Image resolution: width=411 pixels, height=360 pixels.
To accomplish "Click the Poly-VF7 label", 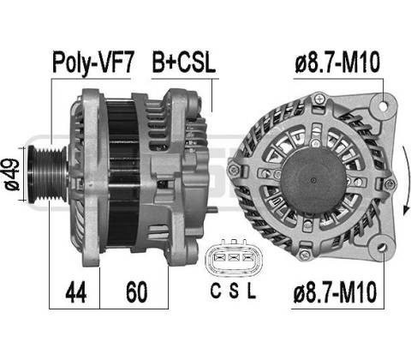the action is pyautogui.click(x=93, y=63).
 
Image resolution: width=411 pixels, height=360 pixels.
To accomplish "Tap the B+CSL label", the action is pyautogui.click(x=184, y=63).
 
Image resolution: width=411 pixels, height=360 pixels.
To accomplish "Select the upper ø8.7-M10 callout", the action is pyautogui.click(x=337, y=63).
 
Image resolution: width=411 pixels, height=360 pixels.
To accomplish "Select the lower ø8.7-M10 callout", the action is pyautogui.click(x=335, y=292).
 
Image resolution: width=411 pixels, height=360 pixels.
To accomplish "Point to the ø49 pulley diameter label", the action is pyautogui.click(x=12, y=174).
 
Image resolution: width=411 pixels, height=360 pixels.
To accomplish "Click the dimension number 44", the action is pyautogui.click(x=76, y=292).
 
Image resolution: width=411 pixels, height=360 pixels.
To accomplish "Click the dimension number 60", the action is pyautogui.click(x=137, y=292).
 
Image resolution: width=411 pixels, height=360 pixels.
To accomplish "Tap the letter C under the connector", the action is pyautogui.click(x=216, y=291).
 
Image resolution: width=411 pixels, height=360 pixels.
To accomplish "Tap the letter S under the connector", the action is pyautogui.click(x=234, y=291).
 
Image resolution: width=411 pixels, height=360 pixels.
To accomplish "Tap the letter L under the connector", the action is pyautogui.click(x=251, y=291).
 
